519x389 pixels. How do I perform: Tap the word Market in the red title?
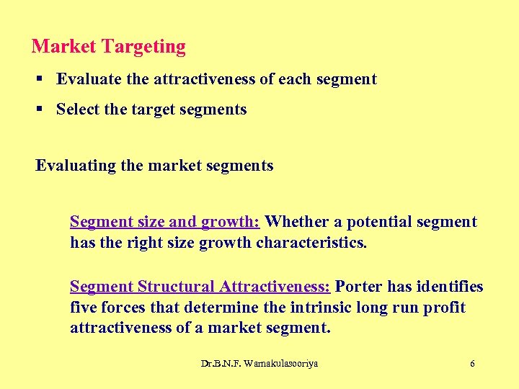[x=64, y=47]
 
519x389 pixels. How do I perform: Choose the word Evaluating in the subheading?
[x=76, y=166]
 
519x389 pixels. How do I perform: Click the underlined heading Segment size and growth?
[x=164, y=222]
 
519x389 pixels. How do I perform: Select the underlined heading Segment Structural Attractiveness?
[x=200, y=287]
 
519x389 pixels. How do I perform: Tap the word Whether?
[x=296, y=222]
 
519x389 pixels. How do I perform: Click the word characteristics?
[x=311, y=243]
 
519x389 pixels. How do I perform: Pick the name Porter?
[x=359, y=287]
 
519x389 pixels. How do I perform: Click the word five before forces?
[x=84, y=308]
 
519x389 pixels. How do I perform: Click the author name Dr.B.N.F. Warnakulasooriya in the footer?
[x=259, y=364]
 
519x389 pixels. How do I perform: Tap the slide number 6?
[x=472, y=364]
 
